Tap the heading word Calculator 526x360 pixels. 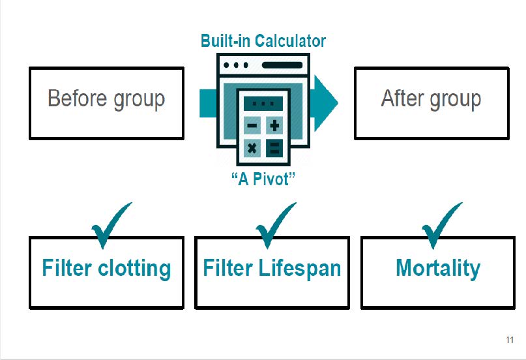coord(290,41)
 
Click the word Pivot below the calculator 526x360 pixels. coord(270,179)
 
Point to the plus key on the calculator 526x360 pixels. coord(274,125)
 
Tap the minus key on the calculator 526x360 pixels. coord(252,125)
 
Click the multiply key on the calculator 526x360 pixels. coord(252,148)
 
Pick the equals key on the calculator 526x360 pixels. coord(274,148)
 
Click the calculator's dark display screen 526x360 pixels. coord(263,103)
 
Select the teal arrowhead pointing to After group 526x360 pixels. coord(325,103)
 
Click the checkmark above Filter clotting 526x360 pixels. coord(111,225)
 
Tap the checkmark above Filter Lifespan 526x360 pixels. coord(276,225)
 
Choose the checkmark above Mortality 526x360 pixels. coord(442,225)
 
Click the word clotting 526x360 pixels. coord(134,269)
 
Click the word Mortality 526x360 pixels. coord(438,269)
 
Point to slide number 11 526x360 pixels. coord(510,340)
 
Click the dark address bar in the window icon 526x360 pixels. coord(282,65)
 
